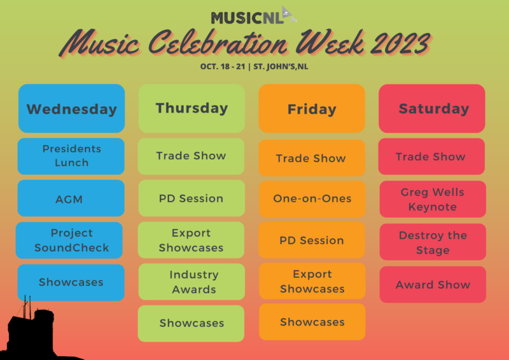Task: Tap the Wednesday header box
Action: (x=71, y=108)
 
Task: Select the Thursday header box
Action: (x=192, y=108)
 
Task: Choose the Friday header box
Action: (x=312, y=108)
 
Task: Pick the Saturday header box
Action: (x=432, y=108)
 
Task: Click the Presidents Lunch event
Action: (x=71, y=156)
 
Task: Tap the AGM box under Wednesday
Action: (x=71, y=198)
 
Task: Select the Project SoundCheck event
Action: (x=69, y=240)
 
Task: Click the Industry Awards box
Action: (x=192, y=282)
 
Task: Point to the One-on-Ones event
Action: (x=312, y=199)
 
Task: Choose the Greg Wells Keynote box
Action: (x=433, y=199)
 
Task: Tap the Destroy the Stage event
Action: (x=433, y=242)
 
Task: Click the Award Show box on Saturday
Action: (x=433, y=284)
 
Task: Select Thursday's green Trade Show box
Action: (x=191, y=156)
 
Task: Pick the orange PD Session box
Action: (x=312, y=240)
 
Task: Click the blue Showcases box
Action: (x=71, y=282)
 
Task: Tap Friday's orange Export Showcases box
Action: (x=312, y=280)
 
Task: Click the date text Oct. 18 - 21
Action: (x=222, y=67)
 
